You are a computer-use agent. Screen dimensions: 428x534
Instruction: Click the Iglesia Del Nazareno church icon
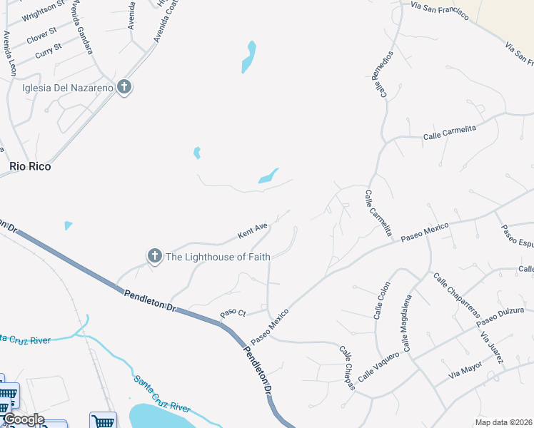point(124,88)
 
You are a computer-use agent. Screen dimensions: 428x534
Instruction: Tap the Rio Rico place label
point(30,166)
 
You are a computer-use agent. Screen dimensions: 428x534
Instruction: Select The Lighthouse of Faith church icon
point(154,256)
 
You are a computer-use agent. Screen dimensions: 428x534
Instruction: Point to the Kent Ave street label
point(253,230)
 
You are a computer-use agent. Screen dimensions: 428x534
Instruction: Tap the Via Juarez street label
point(492,347)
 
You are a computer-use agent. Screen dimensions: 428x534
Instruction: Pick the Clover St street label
point(41,34)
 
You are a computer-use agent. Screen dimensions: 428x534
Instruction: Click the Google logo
point(23,419)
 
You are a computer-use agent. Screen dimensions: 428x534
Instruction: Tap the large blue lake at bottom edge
point(161,417)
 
